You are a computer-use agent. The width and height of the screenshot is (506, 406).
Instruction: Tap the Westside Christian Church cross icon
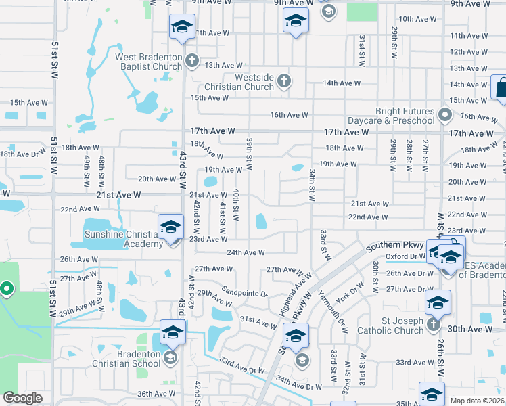pyautogui.click(x=284, y=82)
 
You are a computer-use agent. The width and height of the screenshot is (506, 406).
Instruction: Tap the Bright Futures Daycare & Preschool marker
pyautogui.click(x=445, y=115)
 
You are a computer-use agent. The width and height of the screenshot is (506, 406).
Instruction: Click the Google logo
pyautogui.click(x=22, y=398)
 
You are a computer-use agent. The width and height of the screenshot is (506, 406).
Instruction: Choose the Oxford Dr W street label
pyautogui.click(x=405, y=257)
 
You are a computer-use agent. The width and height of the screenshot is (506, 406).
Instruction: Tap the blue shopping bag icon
pyautogui.click(x=501, y=89)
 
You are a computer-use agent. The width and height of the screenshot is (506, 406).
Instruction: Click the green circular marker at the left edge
pyautogui.click(x=7, y=290)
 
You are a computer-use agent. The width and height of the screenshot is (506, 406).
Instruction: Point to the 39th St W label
pyautogui.click(x=249, y=153)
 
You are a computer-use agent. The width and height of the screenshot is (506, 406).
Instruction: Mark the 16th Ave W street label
pyautogui.click(x=289, y=115)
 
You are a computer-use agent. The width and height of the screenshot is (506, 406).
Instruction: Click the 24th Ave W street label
pyautogui.click(x=245, y=252)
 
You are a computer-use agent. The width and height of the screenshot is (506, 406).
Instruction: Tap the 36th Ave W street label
pyautogui.click(x=156, y=394)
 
